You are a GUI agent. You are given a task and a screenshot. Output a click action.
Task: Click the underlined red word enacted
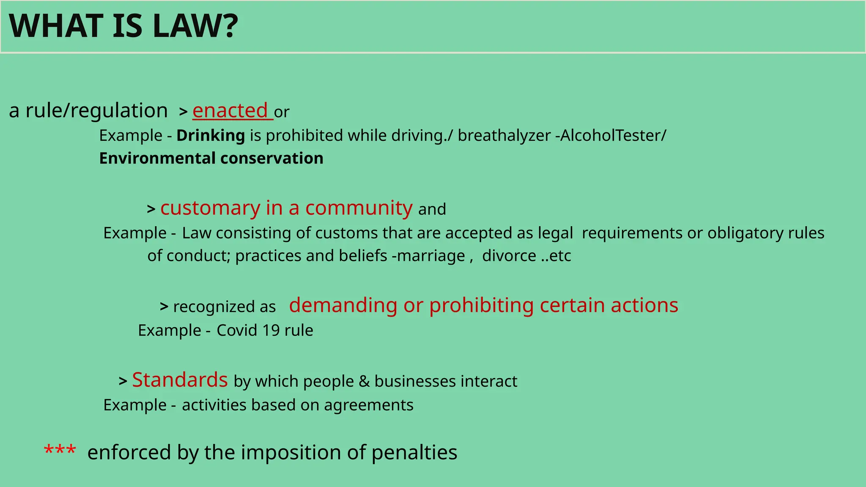pos(230,111)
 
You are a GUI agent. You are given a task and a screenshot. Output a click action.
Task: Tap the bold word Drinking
pos(211,136)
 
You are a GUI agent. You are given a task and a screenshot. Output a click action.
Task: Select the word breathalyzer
pos(504,136)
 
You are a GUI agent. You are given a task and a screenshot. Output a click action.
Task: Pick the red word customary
pos(210,208)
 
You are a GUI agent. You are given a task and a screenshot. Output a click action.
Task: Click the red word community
pos(359,208)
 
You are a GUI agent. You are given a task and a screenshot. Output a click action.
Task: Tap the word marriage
pos(431,256)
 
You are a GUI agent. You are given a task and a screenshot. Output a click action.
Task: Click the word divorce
pos(509,256)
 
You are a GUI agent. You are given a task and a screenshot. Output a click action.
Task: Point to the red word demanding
pos(343,305)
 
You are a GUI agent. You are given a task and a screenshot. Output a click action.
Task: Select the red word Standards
pos(180,380)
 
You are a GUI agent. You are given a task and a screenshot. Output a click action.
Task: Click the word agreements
pos(369,405)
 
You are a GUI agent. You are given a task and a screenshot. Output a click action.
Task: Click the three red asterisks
pos(60,450)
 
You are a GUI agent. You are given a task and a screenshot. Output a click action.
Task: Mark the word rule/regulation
pos(96,111)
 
